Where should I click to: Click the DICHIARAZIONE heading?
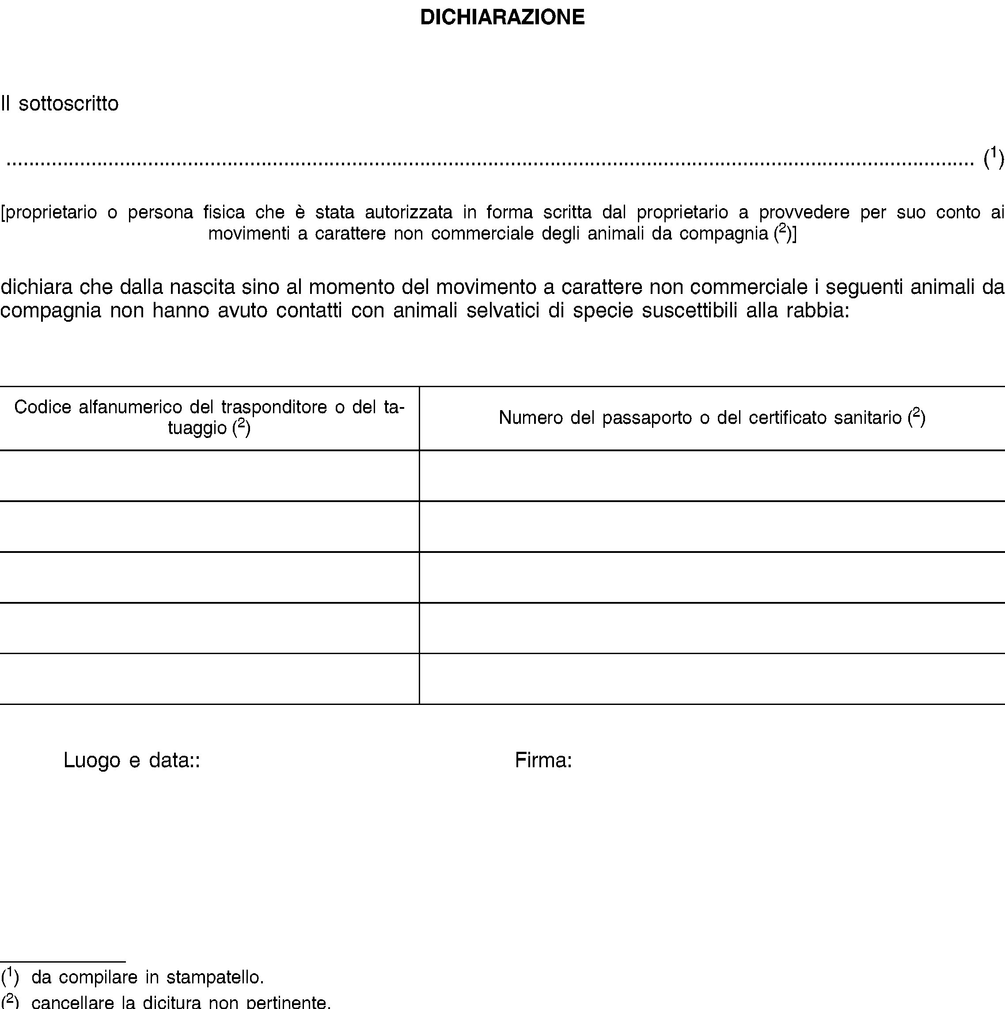(x=502, y=17)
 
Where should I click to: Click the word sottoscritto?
(x=68, y=103)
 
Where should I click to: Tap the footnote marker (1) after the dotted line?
(x=993, y=158)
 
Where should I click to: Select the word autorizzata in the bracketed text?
(x=408, y=212)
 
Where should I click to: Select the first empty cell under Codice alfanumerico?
(x=209, y=475)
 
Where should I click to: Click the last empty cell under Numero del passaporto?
(x=712, y=678)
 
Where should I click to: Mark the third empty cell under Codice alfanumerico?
(x=209, y=577)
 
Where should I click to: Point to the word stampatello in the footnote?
(x=215, y=977)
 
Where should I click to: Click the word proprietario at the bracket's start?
(x=51, y=212)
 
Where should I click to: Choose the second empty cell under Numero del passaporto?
(x=712, y=526)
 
